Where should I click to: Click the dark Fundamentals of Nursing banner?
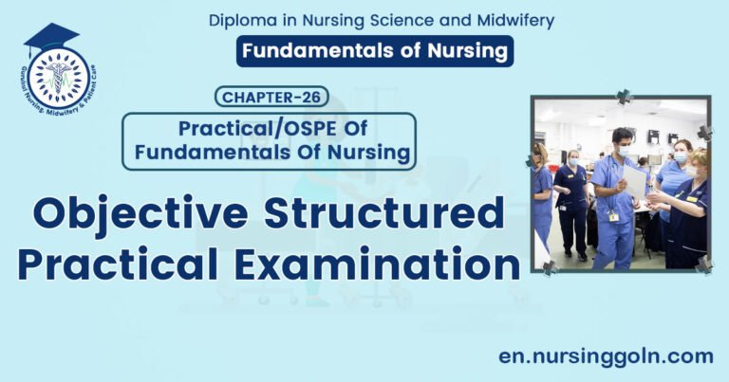[375, 50]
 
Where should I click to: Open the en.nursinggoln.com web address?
[606, 355]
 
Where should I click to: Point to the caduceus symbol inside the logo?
[59, 76]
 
